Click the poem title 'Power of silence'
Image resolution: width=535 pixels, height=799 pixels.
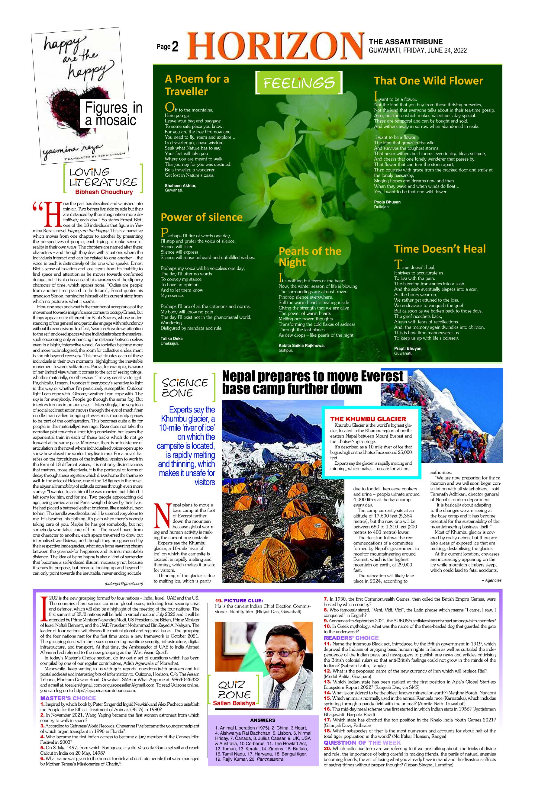(202, 217)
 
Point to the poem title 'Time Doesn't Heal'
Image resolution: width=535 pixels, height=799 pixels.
(440, 249)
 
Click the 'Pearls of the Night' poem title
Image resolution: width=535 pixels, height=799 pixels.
(310, 256)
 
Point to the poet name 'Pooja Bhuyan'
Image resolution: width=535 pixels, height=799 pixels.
(387, 202)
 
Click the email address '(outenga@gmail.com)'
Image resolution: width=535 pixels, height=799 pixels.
(124, 583)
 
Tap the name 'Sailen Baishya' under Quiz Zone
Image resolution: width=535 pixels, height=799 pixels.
(234, 703)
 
